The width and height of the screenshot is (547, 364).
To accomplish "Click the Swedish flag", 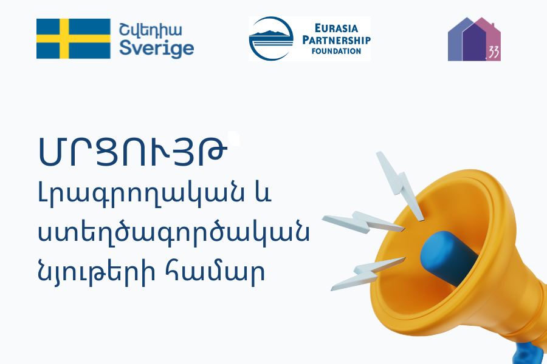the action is click(74, 39).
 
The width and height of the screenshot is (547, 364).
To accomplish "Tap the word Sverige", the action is click(156, 49).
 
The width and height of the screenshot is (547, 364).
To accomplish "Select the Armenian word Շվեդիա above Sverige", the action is click(150, 30).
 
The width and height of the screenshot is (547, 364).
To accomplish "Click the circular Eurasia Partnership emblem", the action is click(271, 39).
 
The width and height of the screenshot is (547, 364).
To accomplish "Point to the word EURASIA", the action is click(336, 29).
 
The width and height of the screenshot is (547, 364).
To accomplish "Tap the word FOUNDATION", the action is click(336, 51).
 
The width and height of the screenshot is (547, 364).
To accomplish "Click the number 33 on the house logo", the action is click(494, 53).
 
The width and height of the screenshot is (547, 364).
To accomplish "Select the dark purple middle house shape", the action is click(474, 42).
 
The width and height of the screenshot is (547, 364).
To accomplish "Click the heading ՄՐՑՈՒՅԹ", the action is click(132, 152).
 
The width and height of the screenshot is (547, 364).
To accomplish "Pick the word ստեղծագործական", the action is click(173, 233).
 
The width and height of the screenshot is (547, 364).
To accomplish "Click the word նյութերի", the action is click(95, 272).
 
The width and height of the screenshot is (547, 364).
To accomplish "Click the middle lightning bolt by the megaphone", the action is click(363, 222).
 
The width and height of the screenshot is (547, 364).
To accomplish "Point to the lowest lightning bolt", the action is click(368, 274).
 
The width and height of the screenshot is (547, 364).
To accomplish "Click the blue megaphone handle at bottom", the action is click(529, 353).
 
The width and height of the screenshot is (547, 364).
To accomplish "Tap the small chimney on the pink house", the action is click(492, 25).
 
